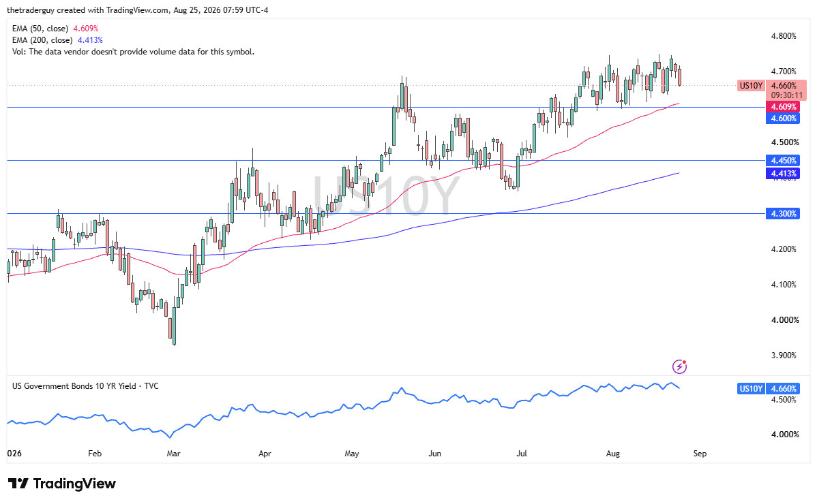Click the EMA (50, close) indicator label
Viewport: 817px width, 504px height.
point(40,29)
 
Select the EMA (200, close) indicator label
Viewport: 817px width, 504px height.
point(42,40)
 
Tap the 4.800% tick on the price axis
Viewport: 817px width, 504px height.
point(784,36)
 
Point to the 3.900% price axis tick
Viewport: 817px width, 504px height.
point(784,356)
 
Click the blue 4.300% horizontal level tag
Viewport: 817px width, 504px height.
point(783,214)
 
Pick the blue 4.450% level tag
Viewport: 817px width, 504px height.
point(783,161)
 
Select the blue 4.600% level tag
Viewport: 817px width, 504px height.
point(783,119)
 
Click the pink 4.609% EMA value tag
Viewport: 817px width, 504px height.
point(783,107)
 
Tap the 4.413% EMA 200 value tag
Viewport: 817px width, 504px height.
point(783,174)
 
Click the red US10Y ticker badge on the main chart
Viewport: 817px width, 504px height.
point(751,86)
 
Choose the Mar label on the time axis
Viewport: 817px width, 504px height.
point(173,454)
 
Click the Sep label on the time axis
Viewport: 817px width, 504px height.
point(700,454)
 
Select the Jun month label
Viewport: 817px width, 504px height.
point(434,454)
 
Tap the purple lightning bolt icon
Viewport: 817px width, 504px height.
point(679,366)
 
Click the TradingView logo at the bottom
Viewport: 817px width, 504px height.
point(61,484)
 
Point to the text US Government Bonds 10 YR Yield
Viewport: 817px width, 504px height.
point(74,386)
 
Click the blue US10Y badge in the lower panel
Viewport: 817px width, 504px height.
point(751,388)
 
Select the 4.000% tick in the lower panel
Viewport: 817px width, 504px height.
point(785,435)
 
